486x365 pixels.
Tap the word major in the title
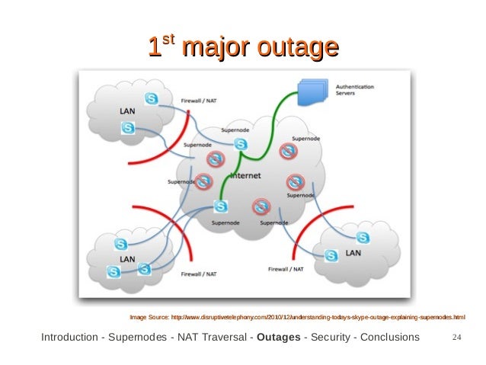215,50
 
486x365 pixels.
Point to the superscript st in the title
169,43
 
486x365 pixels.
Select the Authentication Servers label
354,91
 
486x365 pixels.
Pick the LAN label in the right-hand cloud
353,252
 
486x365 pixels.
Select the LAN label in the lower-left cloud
127,259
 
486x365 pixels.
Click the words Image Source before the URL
150,316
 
